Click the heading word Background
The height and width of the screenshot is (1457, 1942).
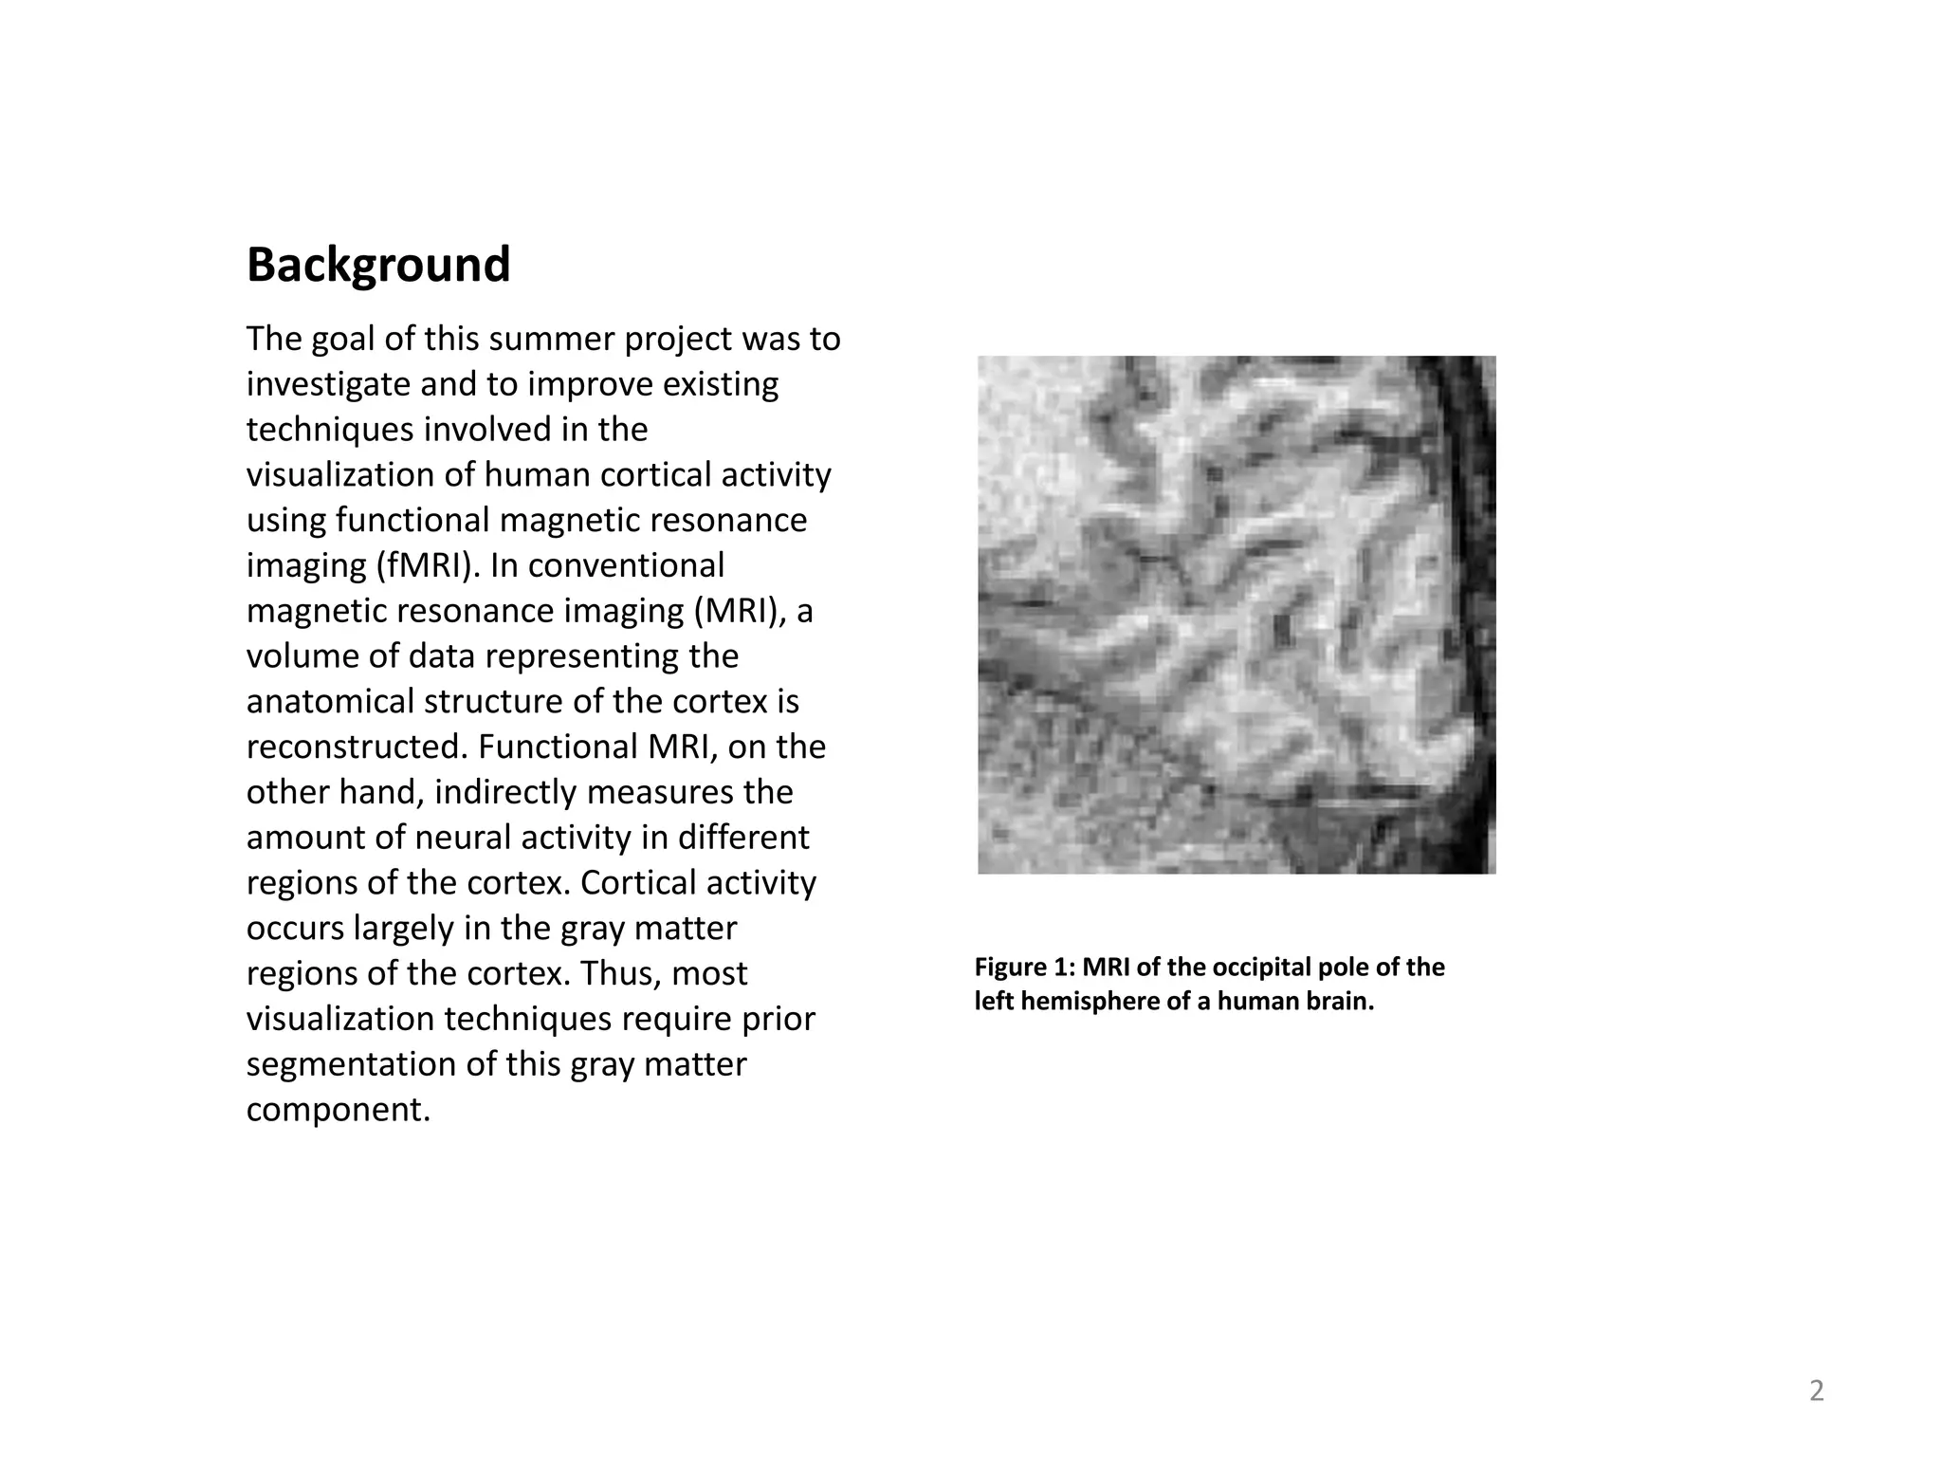(x=378, y=266)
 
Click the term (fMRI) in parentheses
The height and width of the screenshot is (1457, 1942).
(x=427, y=565)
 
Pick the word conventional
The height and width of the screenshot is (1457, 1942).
(x=626, y=565)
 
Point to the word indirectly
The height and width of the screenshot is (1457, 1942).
(x=509, y=792)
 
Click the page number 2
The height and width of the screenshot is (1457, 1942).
(x=1816, y=1392)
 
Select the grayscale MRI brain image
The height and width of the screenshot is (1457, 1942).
(x=1237, y=615)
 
